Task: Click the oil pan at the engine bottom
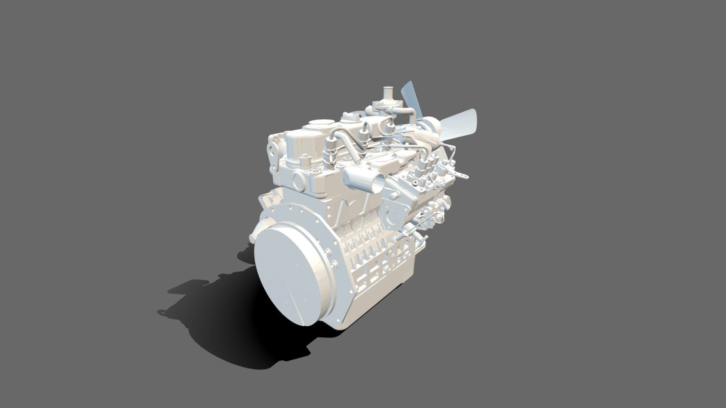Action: (x=378, y=295)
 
